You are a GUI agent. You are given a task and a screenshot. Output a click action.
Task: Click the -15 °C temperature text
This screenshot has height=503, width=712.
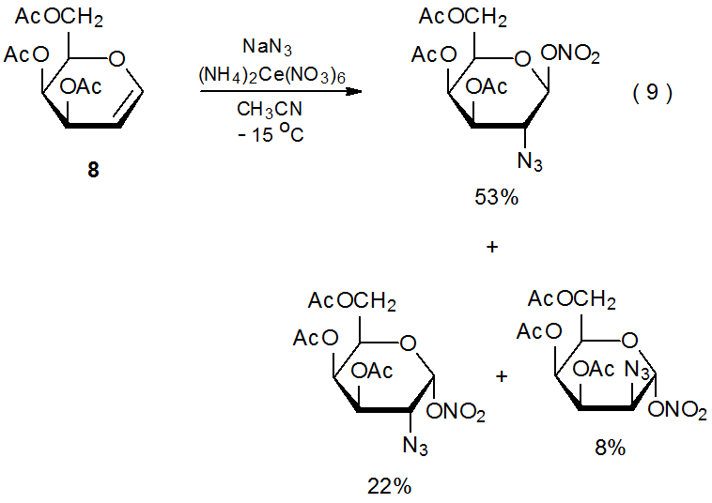point(269,133)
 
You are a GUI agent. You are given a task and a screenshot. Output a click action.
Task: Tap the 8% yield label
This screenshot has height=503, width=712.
point(610,448)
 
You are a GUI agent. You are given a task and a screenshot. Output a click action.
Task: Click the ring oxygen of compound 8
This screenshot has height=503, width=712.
point(116,60)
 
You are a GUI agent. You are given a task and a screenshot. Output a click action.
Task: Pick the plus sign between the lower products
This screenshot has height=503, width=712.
point(502,376)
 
